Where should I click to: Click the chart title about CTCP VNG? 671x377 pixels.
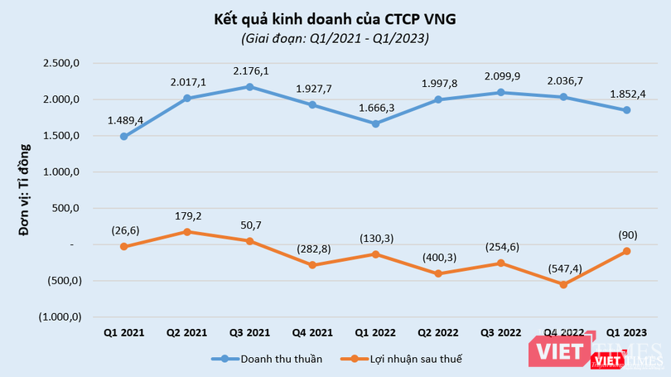[335, 18]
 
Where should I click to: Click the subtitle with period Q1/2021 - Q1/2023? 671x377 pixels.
[335, 38]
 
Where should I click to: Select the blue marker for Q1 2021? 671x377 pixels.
[123, 136]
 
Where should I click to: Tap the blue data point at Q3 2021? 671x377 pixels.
[249, 86]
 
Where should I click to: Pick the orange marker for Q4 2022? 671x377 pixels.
[563, 284]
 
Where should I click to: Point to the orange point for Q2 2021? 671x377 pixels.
[186, 231]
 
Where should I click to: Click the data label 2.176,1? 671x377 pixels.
[249, 70]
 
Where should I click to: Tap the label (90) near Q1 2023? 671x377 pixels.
[626, 234]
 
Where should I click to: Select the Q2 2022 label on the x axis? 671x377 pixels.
[437, 333]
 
